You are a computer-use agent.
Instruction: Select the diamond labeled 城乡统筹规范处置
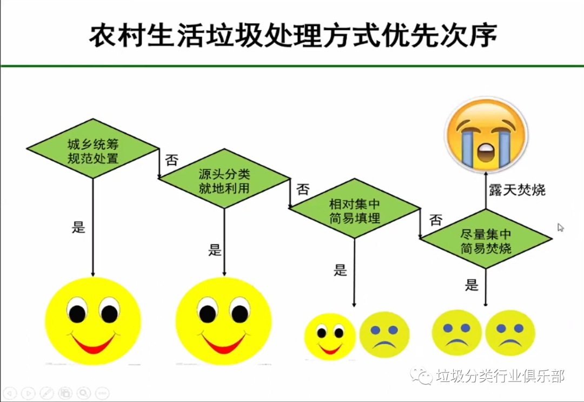pos(92,149)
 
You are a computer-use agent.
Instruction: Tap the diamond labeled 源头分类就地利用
pos(224,179)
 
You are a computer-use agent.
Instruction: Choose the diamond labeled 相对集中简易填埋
pos(355,208)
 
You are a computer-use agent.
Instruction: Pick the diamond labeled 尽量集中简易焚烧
pos(486,239)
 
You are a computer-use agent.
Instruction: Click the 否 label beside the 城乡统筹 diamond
pos(171,160)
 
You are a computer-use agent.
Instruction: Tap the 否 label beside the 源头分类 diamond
pos(303,189)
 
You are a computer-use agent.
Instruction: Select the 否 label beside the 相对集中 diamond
pos(435,220)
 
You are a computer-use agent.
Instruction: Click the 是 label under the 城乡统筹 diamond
pos(79,227)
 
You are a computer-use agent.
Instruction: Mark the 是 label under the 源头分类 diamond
pos(215,250)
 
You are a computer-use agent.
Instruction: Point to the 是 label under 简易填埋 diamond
pos(340,270)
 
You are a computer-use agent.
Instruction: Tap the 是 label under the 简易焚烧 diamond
pos(472,285)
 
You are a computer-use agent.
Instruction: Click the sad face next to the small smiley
pos(384,334)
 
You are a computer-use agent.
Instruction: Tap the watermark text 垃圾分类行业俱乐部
pos(500,376)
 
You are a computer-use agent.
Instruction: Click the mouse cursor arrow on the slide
pos(561,227)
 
